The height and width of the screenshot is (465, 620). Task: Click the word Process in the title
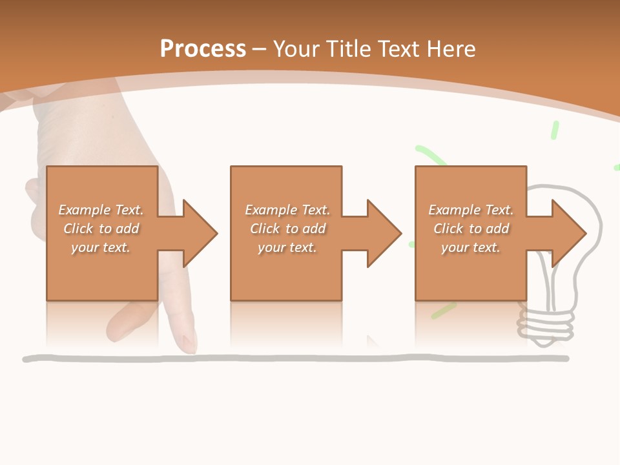pos(203,49)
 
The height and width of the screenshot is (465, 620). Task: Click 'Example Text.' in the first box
pos(101,209)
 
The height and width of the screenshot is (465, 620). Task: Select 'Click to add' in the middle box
pos(288,229)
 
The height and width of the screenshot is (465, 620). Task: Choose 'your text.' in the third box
pos(471,248)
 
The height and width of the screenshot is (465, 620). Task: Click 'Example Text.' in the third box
pos(471,209)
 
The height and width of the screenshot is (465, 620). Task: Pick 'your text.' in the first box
pos(101,248)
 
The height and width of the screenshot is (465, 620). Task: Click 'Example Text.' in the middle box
pos(287,209)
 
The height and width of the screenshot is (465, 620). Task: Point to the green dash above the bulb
pos(555,130)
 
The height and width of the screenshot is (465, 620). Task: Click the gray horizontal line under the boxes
pos(295,358)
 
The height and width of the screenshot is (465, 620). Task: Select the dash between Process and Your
pos(260,50)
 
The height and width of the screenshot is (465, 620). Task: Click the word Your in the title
pos(296,49)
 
